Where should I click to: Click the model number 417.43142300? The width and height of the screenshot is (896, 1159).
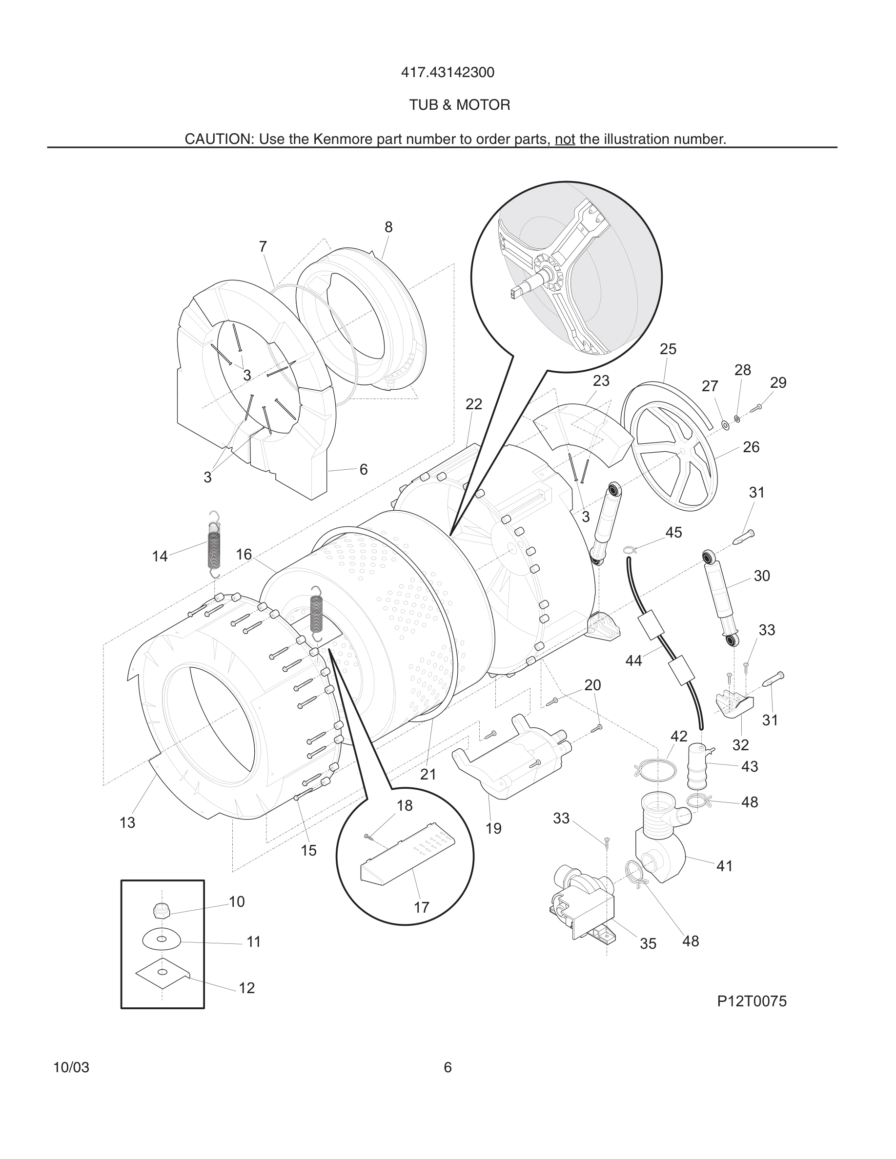click(448, 72)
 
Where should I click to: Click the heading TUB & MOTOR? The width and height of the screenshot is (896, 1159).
click(459, 105)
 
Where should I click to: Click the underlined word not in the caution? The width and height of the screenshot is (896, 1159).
click(565, 140)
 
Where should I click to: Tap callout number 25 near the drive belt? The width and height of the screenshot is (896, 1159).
click(668, 349)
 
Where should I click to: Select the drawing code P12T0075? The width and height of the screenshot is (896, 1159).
click(752, 1001)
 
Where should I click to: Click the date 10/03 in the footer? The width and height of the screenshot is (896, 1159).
click(71, 1067)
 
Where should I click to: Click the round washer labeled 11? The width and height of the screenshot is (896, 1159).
click(162, 940)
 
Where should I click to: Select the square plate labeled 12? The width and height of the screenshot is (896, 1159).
click(162, 972)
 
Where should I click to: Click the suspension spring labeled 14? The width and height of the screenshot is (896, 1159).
click(213, 544)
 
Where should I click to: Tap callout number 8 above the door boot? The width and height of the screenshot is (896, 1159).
click(388, 227)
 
